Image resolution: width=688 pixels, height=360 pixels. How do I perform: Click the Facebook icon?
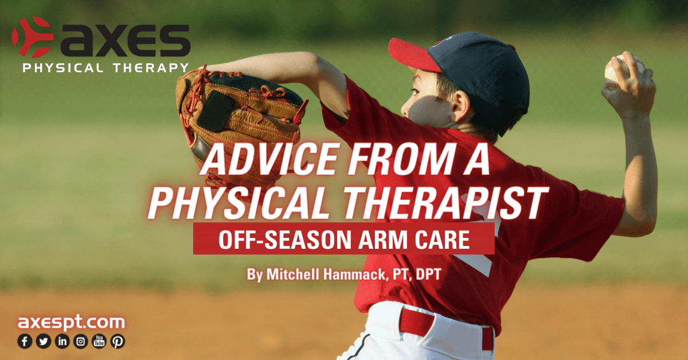pyautogui.click(x=25, y=342)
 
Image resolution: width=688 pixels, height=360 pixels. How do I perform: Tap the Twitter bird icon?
pyautogui.click(x=43, y=342)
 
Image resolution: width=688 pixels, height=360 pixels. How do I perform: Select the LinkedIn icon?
pyautogui.click(x=62, y=342)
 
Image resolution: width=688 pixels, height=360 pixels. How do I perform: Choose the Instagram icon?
pyautogui.click(x=81, y=342)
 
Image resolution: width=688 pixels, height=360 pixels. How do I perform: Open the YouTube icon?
pyautogui.click(x=99, y=342)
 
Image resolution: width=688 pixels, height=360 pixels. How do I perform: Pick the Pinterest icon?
pyautogui.click(x=118, y=342)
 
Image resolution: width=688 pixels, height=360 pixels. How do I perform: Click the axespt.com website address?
pyautogui.click(x=71, y=322)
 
